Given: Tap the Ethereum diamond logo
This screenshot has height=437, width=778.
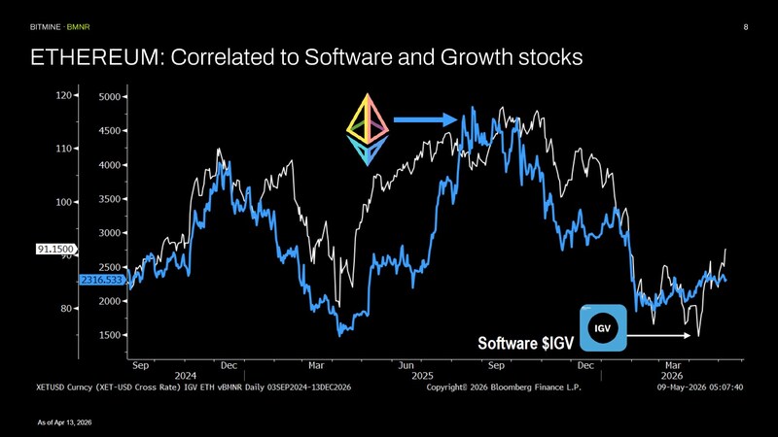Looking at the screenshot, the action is point(368,129).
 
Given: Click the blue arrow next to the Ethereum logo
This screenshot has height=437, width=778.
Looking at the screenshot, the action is point(425,119).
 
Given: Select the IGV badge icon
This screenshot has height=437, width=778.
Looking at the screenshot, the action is point(603,328).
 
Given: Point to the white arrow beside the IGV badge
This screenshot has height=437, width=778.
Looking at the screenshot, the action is point(658,335).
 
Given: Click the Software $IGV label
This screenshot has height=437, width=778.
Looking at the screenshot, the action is point(525,343).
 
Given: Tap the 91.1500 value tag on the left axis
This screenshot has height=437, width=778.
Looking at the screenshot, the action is point(55,249).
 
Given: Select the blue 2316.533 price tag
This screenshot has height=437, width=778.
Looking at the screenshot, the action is point(101,280).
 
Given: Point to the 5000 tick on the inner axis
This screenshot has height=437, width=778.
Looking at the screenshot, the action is point(110,96).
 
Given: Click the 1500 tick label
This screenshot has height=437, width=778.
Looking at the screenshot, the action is point(110,335).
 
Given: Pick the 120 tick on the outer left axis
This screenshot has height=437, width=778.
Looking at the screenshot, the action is point(63,95).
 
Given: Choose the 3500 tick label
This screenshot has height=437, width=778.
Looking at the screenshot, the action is point(110,199).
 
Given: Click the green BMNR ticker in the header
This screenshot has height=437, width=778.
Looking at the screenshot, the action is point(79,27).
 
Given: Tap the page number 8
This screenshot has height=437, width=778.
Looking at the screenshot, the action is point(745,27).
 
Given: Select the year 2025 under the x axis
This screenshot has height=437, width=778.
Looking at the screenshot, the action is point(422,376).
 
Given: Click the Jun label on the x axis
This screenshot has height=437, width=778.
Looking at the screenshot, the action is point(406,366).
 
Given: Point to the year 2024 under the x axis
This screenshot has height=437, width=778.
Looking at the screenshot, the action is point(185,376).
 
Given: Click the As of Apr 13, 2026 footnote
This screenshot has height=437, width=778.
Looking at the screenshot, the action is point(64,422).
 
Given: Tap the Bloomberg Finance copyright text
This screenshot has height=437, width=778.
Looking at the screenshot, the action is point(504,387).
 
